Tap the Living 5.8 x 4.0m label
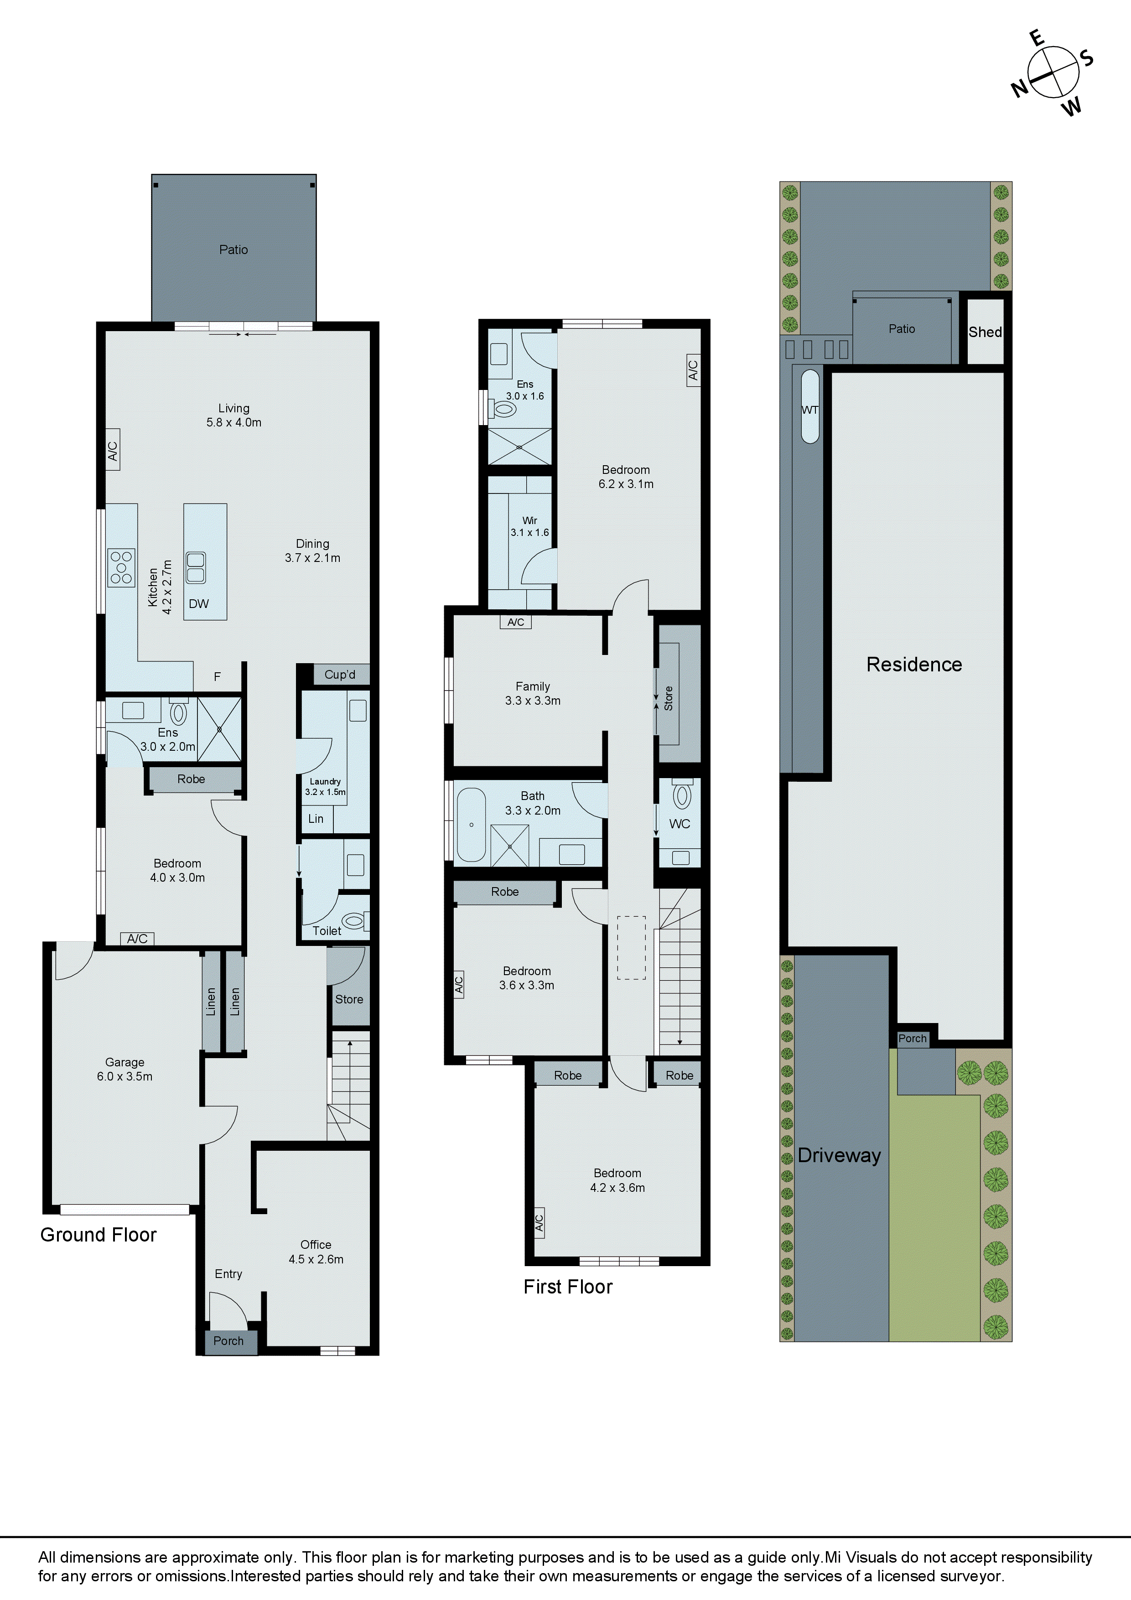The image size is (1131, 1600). coord(233,416)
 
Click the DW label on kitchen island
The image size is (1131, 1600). coord(198,603)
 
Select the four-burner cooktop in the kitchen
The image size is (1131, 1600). coord(121,567)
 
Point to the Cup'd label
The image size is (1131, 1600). coord(340,675)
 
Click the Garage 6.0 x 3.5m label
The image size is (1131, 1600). coord(125,1069)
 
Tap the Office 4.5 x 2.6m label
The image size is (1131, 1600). coord(316,1252)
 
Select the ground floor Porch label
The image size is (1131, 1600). coord(228,1341)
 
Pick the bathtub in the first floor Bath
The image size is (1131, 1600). coord(472,825)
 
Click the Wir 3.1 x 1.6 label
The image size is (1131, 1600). coord(529,526)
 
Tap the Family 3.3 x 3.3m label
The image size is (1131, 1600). coord(532,693)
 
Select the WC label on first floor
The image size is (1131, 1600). coord(680,824)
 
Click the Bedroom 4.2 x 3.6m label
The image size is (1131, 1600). coord(617,1180)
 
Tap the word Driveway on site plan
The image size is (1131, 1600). coord(839,1155)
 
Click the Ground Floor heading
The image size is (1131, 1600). coord(98,1235)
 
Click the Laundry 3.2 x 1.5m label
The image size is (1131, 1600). coord(325,786)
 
